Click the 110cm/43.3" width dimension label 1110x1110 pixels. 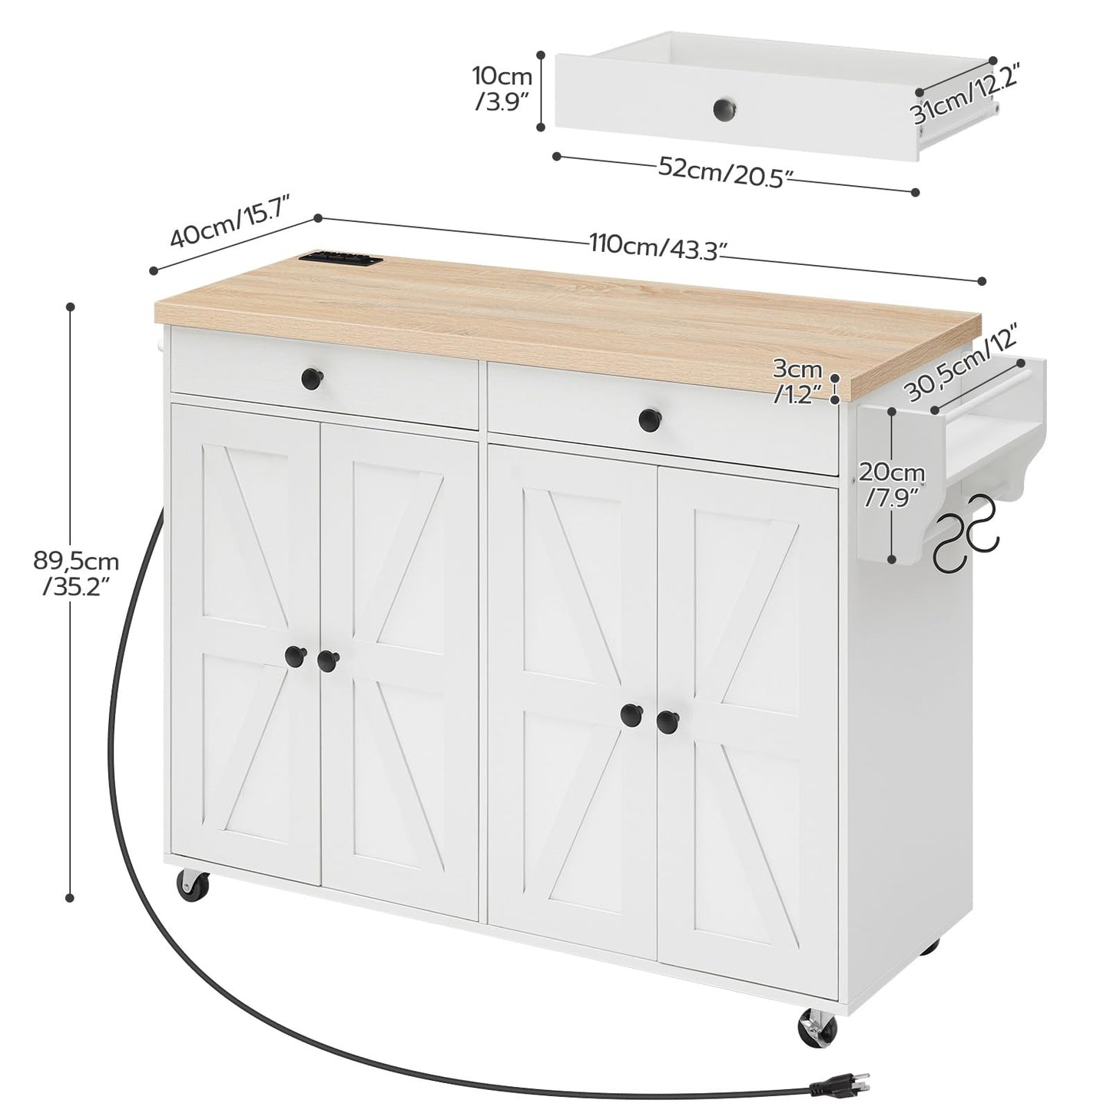(x=658, y=247)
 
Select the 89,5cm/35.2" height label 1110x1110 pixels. (x=71, y=572)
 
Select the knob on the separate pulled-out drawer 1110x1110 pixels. (x=723, y=109)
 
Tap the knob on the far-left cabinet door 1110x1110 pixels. (x=293, y=655)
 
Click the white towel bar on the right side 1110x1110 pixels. (x=983, y=388)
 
